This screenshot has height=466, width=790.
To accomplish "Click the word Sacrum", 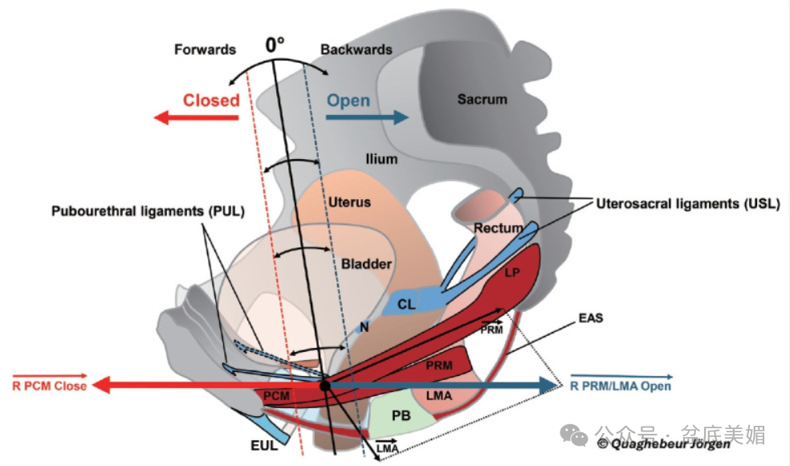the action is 482,100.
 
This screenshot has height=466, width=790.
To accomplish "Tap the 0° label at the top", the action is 275,45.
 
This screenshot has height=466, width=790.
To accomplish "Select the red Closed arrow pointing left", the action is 196,118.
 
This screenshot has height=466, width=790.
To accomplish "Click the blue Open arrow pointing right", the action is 367,117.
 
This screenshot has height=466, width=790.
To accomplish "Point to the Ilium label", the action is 381,159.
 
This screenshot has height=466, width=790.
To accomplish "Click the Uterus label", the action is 350,202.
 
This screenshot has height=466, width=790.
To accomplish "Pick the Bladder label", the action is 366,264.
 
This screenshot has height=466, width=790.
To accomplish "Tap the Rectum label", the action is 498,228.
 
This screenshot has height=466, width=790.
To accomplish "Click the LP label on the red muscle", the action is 512,273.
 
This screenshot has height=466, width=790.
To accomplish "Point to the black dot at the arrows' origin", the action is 325,386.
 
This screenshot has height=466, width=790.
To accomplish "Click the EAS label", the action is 591,317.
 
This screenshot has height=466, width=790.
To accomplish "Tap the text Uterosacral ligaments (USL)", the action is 688,204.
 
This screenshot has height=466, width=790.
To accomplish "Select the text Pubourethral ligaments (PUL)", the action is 148,211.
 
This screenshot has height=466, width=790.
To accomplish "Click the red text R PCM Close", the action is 50,386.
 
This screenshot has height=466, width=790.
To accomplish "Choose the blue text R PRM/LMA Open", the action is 621,386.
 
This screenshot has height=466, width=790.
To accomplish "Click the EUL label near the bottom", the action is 264,446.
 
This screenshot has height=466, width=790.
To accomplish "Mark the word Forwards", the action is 205,50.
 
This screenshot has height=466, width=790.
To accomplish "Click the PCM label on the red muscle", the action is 276,396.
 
